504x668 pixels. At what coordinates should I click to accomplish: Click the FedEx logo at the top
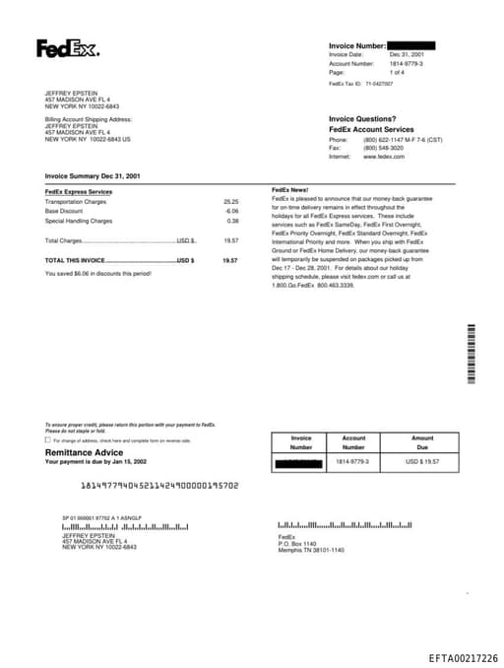(67, 48)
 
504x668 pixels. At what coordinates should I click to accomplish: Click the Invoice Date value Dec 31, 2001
(407, 54)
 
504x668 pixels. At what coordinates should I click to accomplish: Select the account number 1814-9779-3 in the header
(407, 63)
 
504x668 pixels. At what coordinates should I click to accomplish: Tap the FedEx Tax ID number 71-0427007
(375, 84)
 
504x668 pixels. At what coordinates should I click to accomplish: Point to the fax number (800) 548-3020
(384, 148)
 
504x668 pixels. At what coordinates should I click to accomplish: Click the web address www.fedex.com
(384, 157)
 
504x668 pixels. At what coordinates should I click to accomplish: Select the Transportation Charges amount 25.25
(231, 201)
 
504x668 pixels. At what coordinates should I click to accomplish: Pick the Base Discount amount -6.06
(231, 211)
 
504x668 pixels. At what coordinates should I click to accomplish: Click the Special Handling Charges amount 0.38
(232, 221)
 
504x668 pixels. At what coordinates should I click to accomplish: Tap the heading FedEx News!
(290, 188)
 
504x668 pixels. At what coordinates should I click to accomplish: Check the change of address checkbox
(48, 439)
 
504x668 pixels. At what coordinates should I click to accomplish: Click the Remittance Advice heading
(85, 452)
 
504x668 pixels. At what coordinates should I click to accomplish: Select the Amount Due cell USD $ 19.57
(422, 461)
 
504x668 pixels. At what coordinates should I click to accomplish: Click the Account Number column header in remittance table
(353, 442)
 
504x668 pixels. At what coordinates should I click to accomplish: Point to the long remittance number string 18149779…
(158, 486)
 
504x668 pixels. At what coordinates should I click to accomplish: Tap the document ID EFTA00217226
(463, 658)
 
